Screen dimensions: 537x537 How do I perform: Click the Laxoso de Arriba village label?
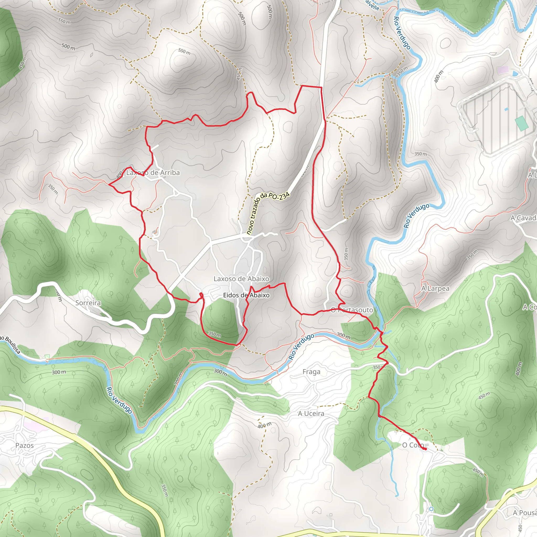pos(153,173)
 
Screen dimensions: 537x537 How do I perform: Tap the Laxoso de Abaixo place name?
pos(241,278)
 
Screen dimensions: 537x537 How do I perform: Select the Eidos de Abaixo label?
pos(246,295)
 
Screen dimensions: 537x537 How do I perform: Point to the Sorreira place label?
pos(88,303)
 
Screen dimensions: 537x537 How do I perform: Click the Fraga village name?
pos(311,372)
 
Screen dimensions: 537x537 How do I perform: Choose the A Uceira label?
pos(311,414)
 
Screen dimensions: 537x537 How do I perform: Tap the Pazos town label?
pos(24,445)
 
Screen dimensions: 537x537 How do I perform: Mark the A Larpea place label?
pos(435,288)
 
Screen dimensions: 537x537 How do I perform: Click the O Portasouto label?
pos(352,310)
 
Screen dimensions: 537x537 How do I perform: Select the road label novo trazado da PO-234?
pos(268,213)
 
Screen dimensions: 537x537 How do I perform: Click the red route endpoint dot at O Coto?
pos(426,449)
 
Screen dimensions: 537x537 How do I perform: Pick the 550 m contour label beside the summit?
pos(184,52)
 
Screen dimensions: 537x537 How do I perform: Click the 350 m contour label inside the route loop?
pos(214,334)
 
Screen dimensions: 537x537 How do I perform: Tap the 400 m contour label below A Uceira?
pos(264,425)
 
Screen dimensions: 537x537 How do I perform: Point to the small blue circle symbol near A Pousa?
pos(431,509)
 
